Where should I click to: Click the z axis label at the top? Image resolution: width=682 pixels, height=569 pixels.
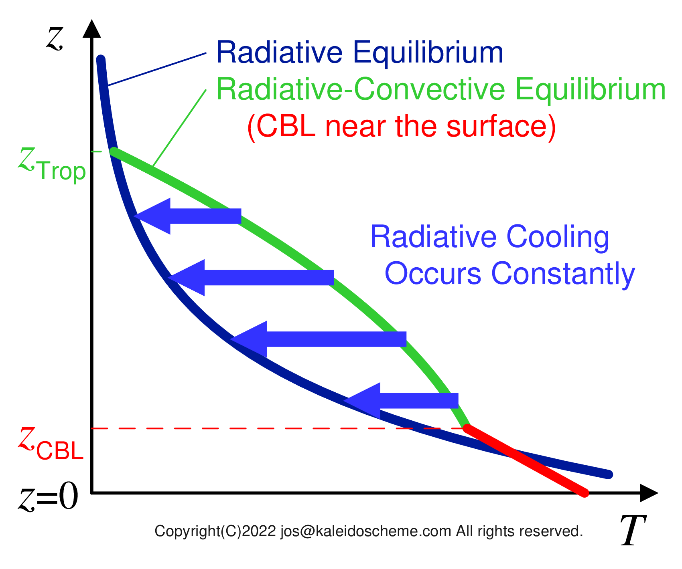(x=55, y=39)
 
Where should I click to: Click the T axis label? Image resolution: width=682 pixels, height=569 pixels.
(x=633, y=531)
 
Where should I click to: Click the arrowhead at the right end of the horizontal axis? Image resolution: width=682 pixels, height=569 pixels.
(x=649, y=493)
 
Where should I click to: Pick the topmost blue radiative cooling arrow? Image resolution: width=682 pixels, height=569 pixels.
(x=187, y=216)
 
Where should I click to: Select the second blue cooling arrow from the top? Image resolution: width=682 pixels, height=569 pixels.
(x=251, y=278)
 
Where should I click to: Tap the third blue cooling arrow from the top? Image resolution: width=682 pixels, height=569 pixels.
(x=318, y=339)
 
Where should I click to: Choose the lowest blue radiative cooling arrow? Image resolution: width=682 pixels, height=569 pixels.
(x=401, y=401)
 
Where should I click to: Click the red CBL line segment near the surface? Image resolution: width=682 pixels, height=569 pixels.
(x=526, y=460)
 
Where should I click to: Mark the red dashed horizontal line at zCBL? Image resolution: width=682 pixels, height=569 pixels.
(x=279, y=428)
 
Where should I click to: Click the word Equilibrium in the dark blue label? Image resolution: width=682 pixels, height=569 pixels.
(x=429, y=52)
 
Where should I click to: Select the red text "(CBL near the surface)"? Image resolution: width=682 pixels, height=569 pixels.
(x=402, y=127)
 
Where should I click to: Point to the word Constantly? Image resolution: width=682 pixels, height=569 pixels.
(x=563, y=274)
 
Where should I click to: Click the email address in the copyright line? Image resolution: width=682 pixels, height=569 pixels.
(x=366, y=531)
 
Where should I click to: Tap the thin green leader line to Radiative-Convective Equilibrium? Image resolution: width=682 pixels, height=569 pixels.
(x=179, y=128)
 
